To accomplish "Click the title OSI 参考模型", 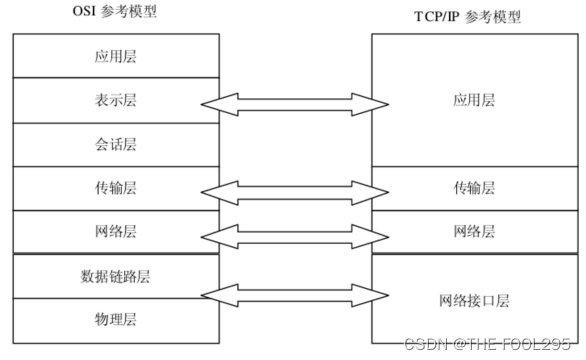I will [x=116, y=13].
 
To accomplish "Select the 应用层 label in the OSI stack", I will [x=116, y=56].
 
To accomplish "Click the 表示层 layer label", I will [x=116, y=101].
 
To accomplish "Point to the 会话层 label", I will [x=116, y=145].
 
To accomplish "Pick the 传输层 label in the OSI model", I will [x=116, y=189].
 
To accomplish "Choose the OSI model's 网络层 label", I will [x=116, y=231].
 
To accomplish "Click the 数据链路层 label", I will [x=116, y=275].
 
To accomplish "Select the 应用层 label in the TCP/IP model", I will [x=474, y=101].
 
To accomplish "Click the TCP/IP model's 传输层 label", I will [x=474, y=189].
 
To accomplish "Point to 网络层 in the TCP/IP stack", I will [x=474, y=231].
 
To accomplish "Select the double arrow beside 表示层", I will [x=294, y=102].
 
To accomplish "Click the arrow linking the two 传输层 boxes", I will [x=294, y=189].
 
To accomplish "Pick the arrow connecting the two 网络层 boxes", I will [x=294, y=232].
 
